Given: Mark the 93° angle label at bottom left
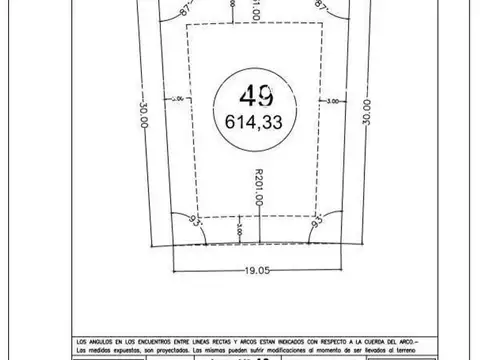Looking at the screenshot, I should (193, 217).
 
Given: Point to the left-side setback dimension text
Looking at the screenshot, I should (180, 100).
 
